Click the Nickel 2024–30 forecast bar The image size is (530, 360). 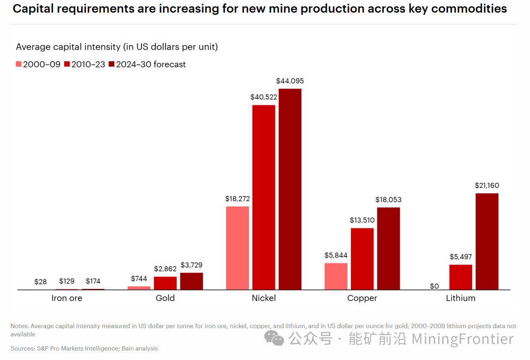click(290, 189)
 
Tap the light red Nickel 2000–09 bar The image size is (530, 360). click(238, 248)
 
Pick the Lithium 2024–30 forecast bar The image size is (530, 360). click(487, 241)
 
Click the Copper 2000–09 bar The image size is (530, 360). click(336, 276)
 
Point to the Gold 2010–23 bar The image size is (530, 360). click(165, 283)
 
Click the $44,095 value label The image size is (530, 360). click(290, 81)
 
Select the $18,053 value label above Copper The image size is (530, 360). click(388, 200)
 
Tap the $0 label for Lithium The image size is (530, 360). click(434, 286)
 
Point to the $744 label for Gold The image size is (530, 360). click(139, 279)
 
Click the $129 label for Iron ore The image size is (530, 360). click(67, 281)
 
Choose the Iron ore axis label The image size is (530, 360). click(67, 298)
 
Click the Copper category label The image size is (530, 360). click(362, 298)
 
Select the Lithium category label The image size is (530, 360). click(460, 298)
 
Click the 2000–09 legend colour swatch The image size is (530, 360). click(19, 64)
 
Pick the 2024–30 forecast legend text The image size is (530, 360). click(151, 64)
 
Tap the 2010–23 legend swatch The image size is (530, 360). click(67, 64)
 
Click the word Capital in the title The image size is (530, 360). click(33, 9)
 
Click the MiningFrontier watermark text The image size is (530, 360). click(462, 339)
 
